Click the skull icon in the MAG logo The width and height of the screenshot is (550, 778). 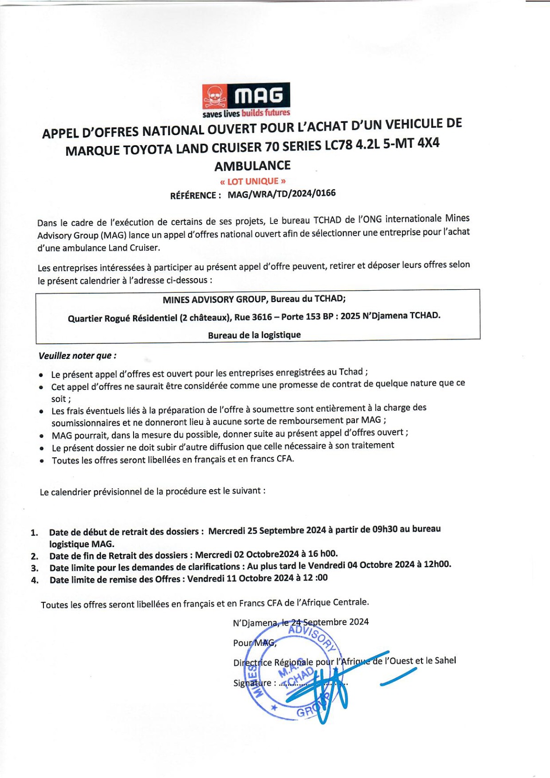[x=214, y=97]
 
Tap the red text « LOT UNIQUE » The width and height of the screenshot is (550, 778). [x=252, y=181]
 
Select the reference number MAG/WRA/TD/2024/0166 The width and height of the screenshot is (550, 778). [x=281, y=194]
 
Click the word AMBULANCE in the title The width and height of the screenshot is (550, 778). [x=252, y=165]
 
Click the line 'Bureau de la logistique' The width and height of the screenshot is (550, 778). [x=254, y=335]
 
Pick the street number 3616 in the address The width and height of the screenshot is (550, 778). [x=259, y=317]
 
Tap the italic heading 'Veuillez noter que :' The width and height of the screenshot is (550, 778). [x=78, y=356]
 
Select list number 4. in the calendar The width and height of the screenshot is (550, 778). [x=35, y=581]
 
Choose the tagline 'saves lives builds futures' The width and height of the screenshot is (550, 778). [x=246, y=113]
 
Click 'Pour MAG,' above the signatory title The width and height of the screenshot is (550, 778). [x=254, y=643]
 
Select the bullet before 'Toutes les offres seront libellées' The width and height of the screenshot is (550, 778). [x=42, y=461]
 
